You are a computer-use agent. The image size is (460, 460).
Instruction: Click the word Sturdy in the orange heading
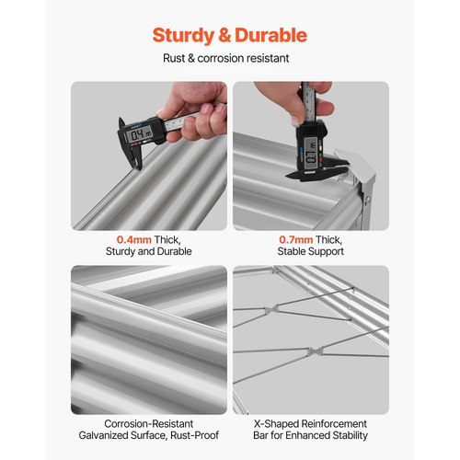[183, 36]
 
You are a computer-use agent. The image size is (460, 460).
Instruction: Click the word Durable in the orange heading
[271, 35]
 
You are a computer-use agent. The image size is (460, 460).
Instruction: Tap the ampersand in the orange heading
[224, 35]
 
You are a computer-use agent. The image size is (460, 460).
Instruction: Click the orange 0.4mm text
[134, 239]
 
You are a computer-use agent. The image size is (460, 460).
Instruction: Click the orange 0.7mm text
[296, 239]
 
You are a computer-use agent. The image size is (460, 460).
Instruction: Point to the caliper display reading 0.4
[140, 134]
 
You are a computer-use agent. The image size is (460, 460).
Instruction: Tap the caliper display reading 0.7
[310, 153]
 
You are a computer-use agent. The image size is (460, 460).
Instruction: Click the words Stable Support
[311, 251]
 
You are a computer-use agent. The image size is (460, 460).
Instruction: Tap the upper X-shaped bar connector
[272, 309]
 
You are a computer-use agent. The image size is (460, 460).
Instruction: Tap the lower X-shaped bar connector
[315, 351]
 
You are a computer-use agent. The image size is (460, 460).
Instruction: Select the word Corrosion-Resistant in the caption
[149, 424]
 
